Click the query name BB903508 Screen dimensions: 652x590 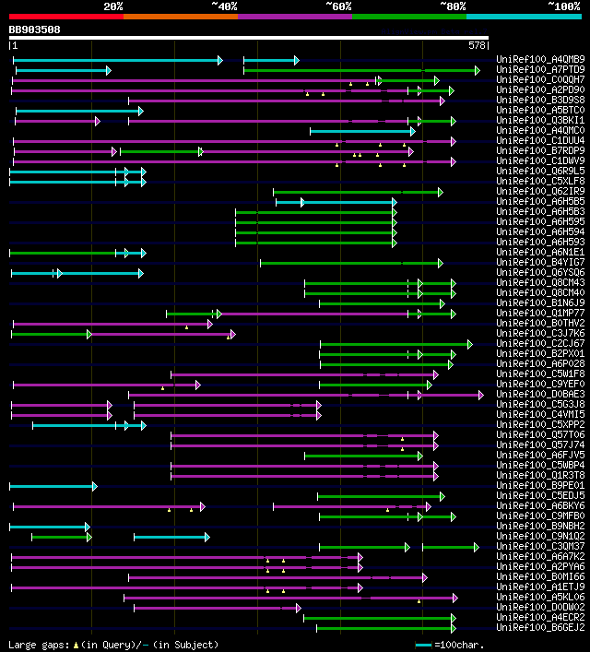coord(35,30)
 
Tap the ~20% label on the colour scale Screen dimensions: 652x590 coord(112,6)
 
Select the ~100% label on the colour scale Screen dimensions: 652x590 coord(563,6)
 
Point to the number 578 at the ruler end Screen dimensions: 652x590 coord(478,45)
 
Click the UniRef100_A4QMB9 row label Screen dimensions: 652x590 coord(539,60)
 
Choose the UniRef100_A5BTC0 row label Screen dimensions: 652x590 coord(539,111)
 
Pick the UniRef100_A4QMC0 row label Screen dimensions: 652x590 coord(539,131)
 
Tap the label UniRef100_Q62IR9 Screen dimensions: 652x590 coord(539,192)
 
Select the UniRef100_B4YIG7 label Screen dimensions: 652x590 coord(539,263)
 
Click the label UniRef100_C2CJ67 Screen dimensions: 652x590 coord(539,344)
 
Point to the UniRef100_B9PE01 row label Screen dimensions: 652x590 coord(539,485)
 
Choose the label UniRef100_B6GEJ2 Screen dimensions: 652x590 coord(539,628)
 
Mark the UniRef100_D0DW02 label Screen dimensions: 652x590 coord(539,608)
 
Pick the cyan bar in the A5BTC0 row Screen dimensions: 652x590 coord(78,111)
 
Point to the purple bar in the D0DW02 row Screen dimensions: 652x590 coord(217,608)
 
